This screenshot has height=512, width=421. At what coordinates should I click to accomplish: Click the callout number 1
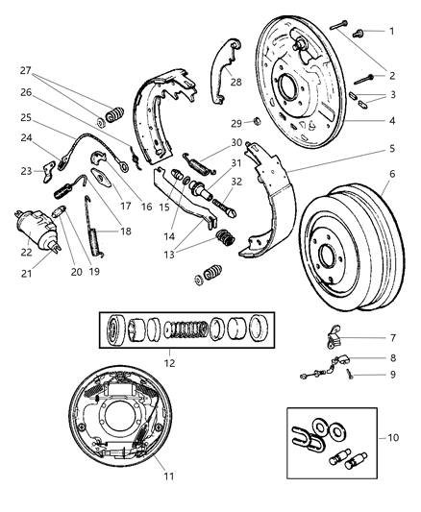coord(391,32)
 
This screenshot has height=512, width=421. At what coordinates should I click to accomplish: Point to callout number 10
coord(393,437)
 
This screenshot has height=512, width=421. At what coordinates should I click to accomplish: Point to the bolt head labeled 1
coord(362,31)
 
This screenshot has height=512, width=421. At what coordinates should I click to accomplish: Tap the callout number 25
coord(26,116)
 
